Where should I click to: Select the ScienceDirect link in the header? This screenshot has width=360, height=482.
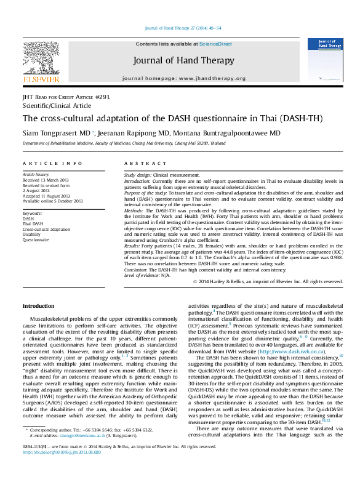pyautogui.click(x=216, y=44)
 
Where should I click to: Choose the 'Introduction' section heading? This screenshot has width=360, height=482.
pyautogui.click(x=38, y=306)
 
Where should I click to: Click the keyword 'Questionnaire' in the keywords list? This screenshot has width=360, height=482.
pyautogui.click(x=36, y=240)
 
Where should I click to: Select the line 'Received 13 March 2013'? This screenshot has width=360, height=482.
pyautogui.click(x=46, y=180)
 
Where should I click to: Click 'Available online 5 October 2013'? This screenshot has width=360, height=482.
pyautogui.click(x=52, y=201)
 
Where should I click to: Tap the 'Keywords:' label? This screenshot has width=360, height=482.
pyautogui.click(x=33, y=214)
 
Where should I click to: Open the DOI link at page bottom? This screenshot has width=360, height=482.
pyautogui.click(x=62, y=469)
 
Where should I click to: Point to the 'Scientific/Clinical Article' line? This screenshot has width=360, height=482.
pyautogui.click(x=56, y=105)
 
